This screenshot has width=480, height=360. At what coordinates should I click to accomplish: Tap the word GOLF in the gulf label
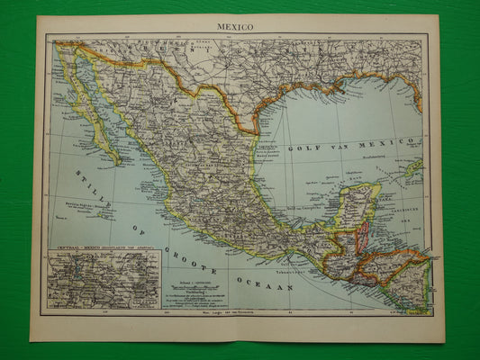coord(300,148)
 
